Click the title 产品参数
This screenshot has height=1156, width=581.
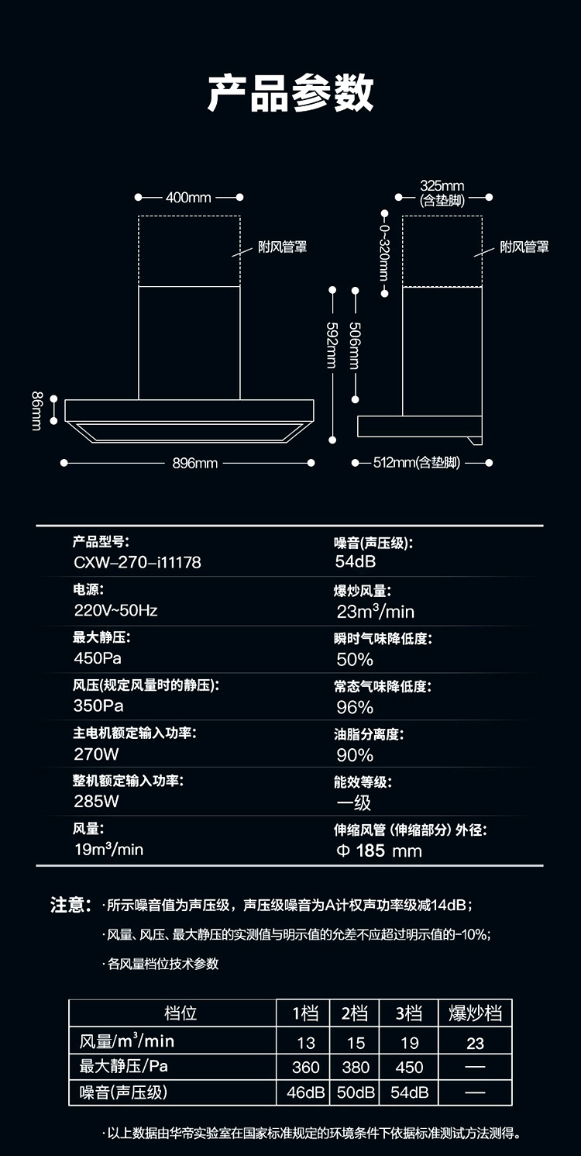[290, 93]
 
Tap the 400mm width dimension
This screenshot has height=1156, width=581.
[188, 198]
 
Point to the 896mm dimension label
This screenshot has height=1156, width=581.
[194, 464]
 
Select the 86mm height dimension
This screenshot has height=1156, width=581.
[36, 411]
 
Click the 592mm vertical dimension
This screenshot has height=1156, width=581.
[332, 345]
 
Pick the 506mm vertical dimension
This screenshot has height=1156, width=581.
[355, 345]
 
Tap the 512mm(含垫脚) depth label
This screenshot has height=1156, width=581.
[417, 464]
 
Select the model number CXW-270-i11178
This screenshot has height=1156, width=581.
[137, 562]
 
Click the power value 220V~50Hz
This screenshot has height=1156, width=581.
[115, 610]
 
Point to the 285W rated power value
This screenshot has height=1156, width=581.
[97, 802]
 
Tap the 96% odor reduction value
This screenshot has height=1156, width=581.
[355, 707]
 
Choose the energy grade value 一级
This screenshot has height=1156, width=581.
[354, 803]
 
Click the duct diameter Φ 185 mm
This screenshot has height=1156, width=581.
[380, 851]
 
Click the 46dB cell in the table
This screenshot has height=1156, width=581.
[305, 1093]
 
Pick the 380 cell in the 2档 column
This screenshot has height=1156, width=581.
[356, 1068]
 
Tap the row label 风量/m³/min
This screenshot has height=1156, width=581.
[127, 1041]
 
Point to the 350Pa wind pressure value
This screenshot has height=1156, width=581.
[98, 706]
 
